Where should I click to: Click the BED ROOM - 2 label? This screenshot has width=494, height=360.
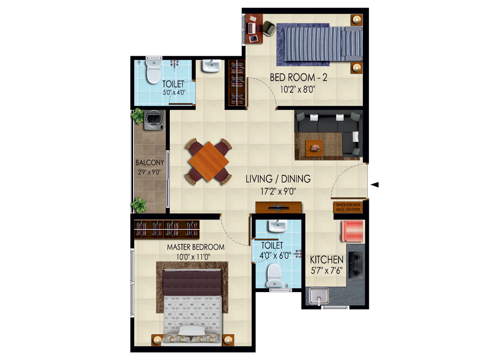(x=299, y=77)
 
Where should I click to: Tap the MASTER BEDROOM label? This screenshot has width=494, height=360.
(x=195, y=247)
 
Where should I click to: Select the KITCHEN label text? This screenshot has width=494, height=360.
(x=327, y=259)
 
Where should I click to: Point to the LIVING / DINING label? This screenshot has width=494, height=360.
(x=278, y=179)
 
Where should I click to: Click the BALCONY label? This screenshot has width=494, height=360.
(x=150, y=163)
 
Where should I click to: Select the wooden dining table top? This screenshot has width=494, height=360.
(x=208, y=161)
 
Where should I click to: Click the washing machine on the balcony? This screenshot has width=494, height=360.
(x=153, y=120)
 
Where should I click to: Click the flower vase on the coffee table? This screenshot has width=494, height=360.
(x=314, y=148)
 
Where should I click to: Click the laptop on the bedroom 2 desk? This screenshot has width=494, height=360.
(x=252, y=28)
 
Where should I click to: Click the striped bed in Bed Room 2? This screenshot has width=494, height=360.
(x=323, y=43)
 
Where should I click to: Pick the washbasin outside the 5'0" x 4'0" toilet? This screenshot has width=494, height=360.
(x=211, y=66)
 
